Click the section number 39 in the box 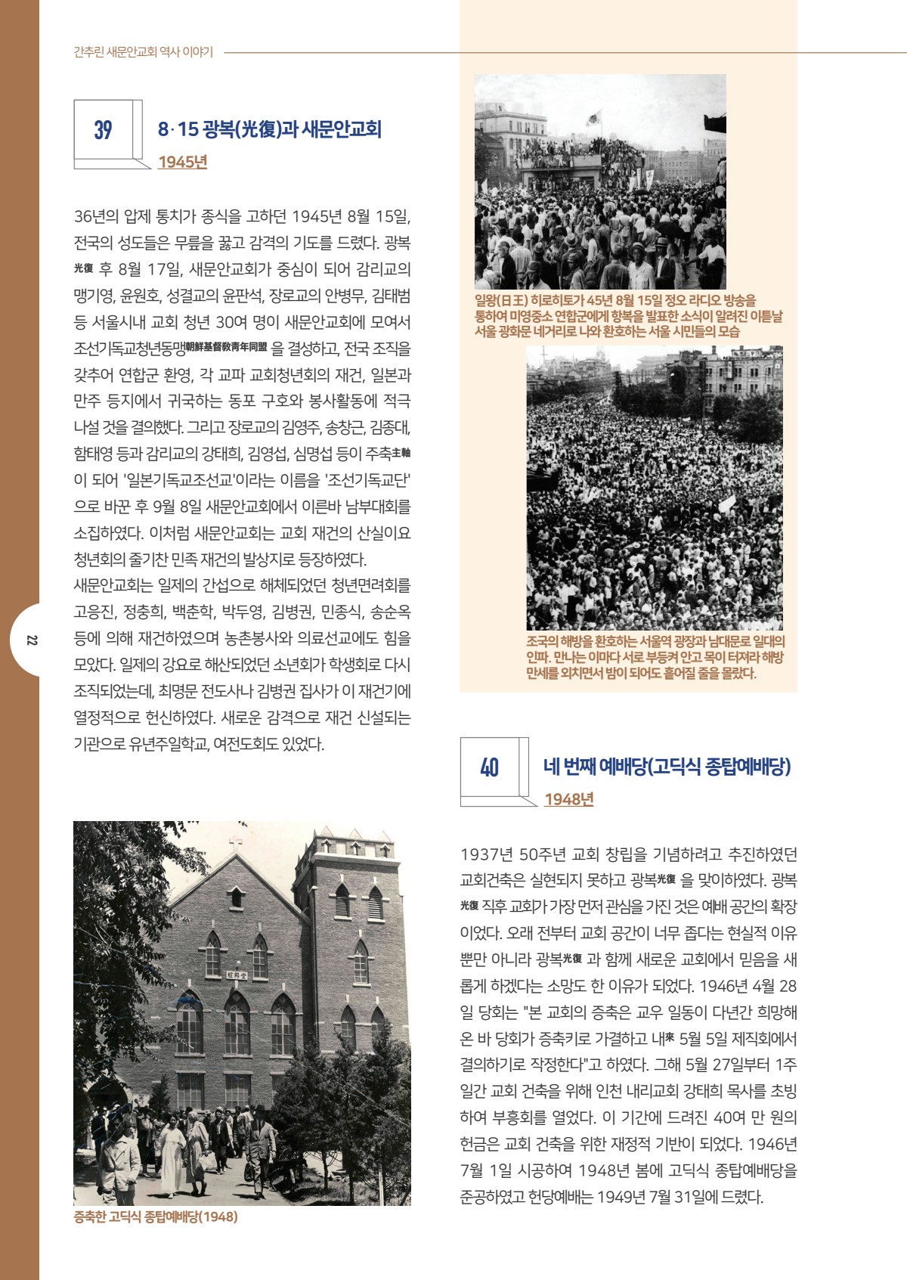tap(104, 130)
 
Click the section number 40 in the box tap(490, 767)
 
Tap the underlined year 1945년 tap(182, 162)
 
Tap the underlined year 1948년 tap(568, 799)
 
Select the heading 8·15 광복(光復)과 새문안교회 tap(269, 129)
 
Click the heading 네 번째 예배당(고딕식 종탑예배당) tap(667, 767)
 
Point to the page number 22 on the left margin tap(31, 640)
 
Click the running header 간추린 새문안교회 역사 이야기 tap(143, 52)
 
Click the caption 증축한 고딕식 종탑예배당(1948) tap(156, 1216)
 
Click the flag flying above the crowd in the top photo tap(594, 116)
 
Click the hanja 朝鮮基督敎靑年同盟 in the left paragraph tap(226, 347)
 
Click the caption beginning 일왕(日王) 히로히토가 tap(628, 316)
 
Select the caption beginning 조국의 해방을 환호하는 tap(655, 657)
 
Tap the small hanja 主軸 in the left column tap(401, 453)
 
